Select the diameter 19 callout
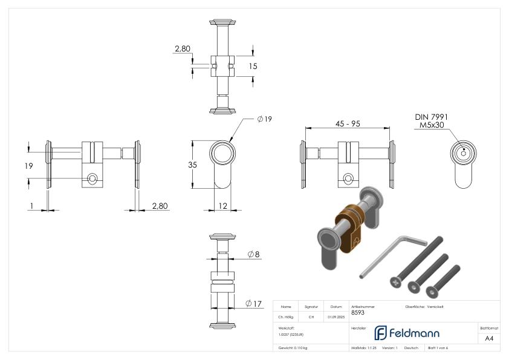click(264, 119)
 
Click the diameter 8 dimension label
click(253, 255)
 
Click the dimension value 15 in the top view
click(253, 66)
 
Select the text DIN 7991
click(431, 117)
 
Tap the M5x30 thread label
click(431, 126)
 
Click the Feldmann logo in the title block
click(406, 333)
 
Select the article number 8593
click(357, 313)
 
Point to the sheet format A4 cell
click(489, 338)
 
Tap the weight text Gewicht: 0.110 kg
click(293, 348)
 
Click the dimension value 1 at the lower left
click(31, 206)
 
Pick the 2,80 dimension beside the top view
click(183, 48)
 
